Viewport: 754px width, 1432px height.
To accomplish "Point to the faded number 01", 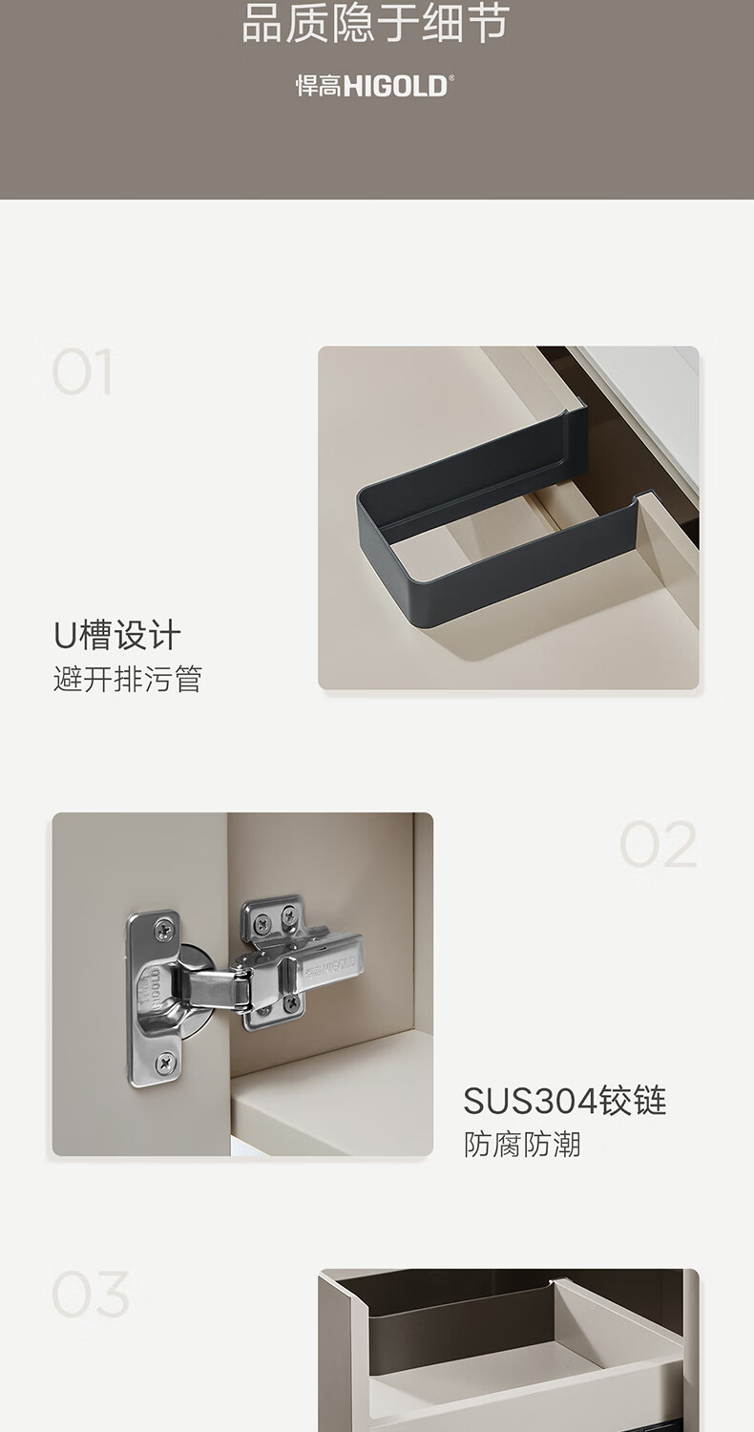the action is point(82,372).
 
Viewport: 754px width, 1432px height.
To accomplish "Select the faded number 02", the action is point(658,844).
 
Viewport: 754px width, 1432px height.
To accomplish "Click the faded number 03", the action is point(90,1294).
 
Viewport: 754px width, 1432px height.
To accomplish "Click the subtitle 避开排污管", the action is point(128,679).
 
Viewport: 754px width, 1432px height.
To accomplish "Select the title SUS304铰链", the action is point(565,1100).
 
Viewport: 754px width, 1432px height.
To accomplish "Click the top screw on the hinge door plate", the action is point(165,928).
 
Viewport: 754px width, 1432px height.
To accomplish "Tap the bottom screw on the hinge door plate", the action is point(165,1062).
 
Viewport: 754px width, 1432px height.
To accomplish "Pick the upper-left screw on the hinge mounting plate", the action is point(262,923).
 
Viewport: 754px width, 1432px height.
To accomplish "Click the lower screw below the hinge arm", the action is point(291,1001).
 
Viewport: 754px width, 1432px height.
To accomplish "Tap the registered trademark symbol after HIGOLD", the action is point(451,78).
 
